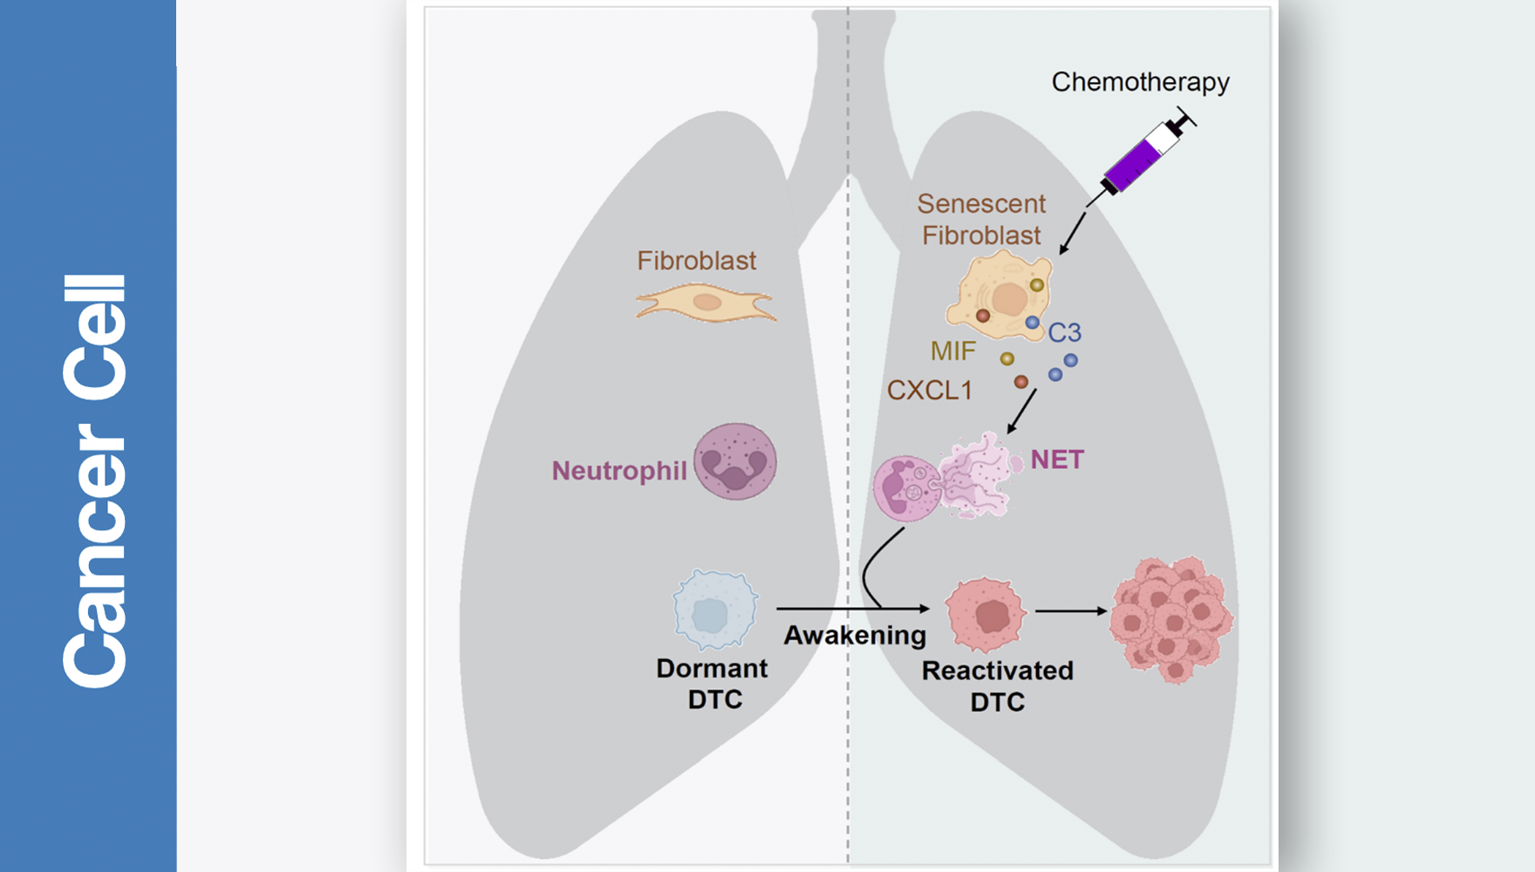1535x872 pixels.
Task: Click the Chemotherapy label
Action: [x=1140, y=82]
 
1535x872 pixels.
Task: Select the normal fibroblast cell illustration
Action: [x=706, y=304]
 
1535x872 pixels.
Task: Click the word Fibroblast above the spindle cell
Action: [x=696, y=261]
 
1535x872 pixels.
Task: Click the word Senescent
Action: [x=981, y=204]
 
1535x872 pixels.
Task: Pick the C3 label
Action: [x=1065, y=332]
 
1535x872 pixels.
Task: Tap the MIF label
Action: [x=952, y=351]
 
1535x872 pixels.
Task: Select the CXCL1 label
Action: [x=930, y=390]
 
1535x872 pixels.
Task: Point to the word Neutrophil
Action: [x=619, y=471]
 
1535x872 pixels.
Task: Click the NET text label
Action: [x=1057, y=460]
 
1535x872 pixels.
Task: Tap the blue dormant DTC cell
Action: [x=714, y=610]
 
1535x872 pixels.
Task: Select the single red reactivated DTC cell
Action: [x=986, y=614]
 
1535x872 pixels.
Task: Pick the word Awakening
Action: [x=855, y=635]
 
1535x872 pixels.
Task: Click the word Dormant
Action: [x=712, y=669]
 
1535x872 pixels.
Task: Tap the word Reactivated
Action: [x=998, y=671]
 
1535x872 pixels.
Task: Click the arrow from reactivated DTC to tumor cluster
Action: [x=1071, y=611]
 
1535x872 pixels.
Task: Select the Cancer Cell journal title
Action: [x=94, y=480]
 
